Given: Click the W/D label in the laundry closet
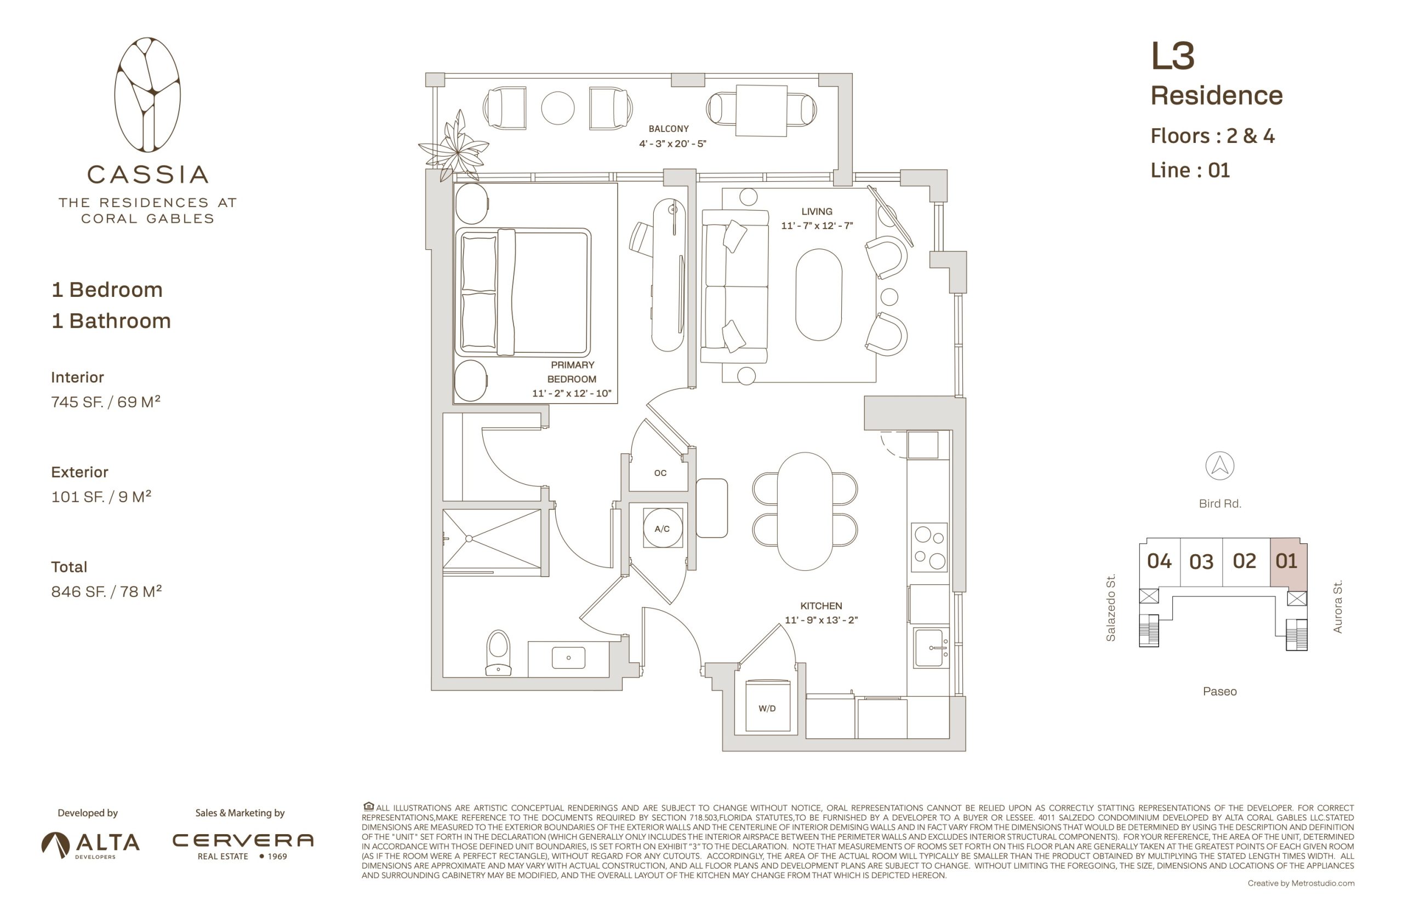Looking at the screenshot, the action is (767, 709).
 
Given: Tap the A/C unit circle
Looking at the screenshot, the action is (663, 529).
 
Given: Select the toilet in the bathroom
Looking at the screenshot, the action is (498, 652).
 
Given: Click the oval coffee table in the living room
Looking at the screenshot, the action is (818, 295).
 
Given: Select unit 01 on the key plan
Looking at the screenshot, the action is (1287, 561).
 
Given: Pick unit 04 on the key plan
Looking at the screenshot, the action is (1159, 561).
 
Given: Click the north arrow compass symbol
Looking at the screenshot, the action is (1219, 466).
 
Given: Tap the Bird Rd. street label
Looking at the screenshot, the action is (1220, 503).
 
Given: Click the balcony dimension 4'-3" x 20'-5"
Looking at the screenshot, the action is (672, 143).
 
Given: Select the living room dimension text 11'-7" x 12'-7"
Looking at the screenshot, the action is (817, 226).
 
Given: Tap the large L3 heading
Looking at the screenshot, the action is (1173, 56).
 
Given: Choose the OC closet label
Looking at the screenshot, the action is (660, 473).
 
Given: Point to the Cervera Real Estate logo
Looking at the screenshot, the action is (243, 846).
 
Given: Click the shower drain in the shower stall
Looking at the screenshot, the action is (469, 538).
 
